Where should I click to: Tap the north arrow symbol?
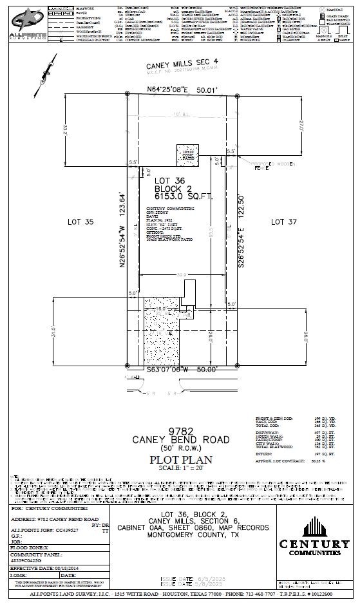[45, 73]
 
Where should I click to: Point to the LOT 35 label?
[81, 222]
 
